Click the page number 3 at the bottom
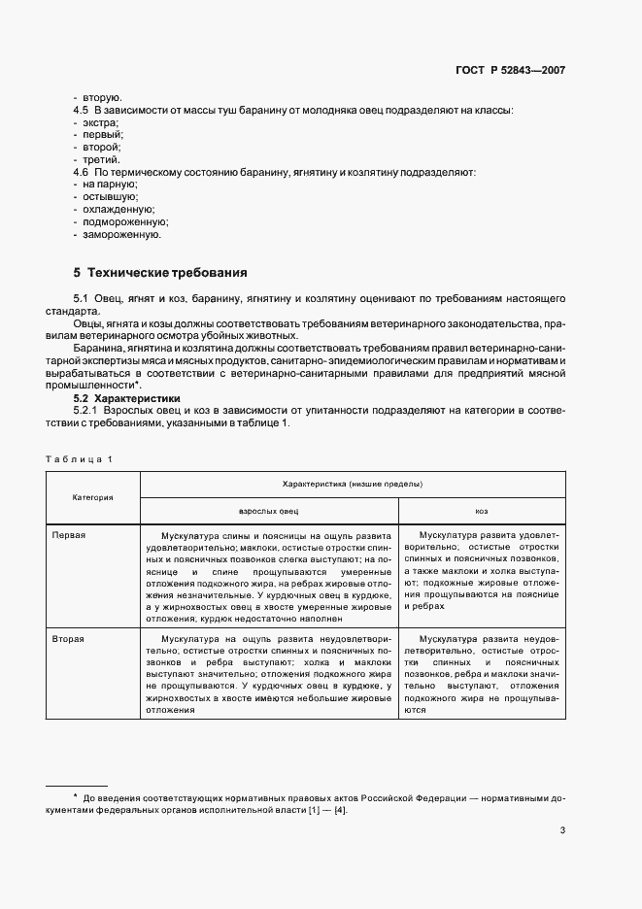[562, 829]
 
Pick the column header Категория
[93, 496]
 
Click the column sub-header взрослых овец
[269, 510]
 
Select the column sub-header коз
[481, 510]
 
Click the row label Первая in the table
[69, 534]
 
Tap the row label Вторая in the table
[69, 639]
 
